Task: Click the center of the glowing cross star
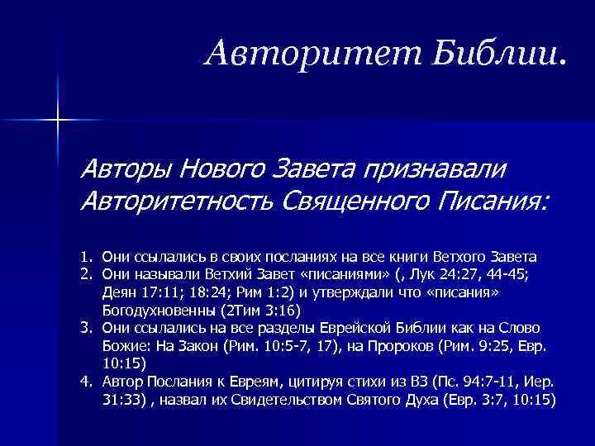point(59,121)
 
